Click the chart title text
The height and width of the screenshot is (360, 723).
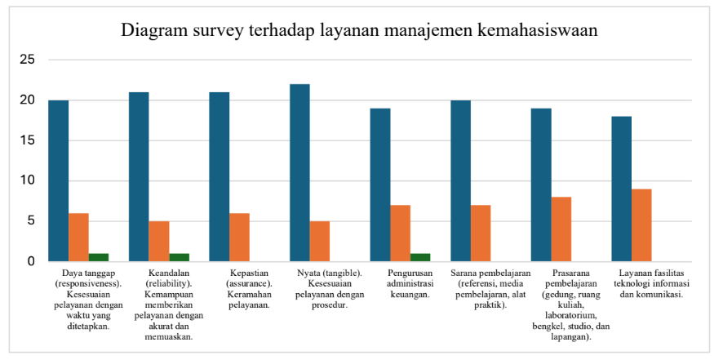click(360, 30)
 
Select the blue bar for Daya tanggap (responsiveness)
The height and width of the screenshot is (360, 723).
click(59, 181)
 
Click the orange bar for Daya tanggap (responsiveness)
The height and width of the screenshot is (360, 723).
click(79, 238)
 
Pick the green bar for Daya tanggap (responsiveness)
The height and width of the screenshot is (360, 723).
click(99, 257)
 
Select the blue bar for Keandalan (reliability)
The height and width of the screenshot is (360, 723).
click(140, 177)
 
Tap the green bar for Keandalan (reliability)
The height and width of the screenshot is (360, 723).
click(180, 257)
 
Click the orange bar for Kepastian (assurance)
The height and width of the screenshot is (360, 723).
click(240, 238)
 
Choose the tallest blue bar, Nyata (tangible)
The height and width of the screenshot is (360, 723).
click(299, 173)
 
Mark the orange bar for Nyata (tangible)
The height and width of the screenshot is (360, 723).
click(320, 242)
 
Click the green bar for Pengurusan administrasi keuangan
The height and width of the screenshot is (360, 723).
click(420, 257)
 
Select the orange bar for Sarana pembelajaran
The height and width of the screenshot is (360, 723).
click(481, 233)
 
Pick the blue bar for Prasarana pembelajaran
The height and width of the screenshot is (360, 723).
click(541, 185)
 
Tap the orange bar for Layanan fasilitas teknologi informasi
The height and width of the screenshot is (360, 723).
click(642, 225)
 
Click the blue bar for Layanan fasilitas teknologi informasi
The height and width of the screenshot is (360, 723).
click(622, 189)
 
